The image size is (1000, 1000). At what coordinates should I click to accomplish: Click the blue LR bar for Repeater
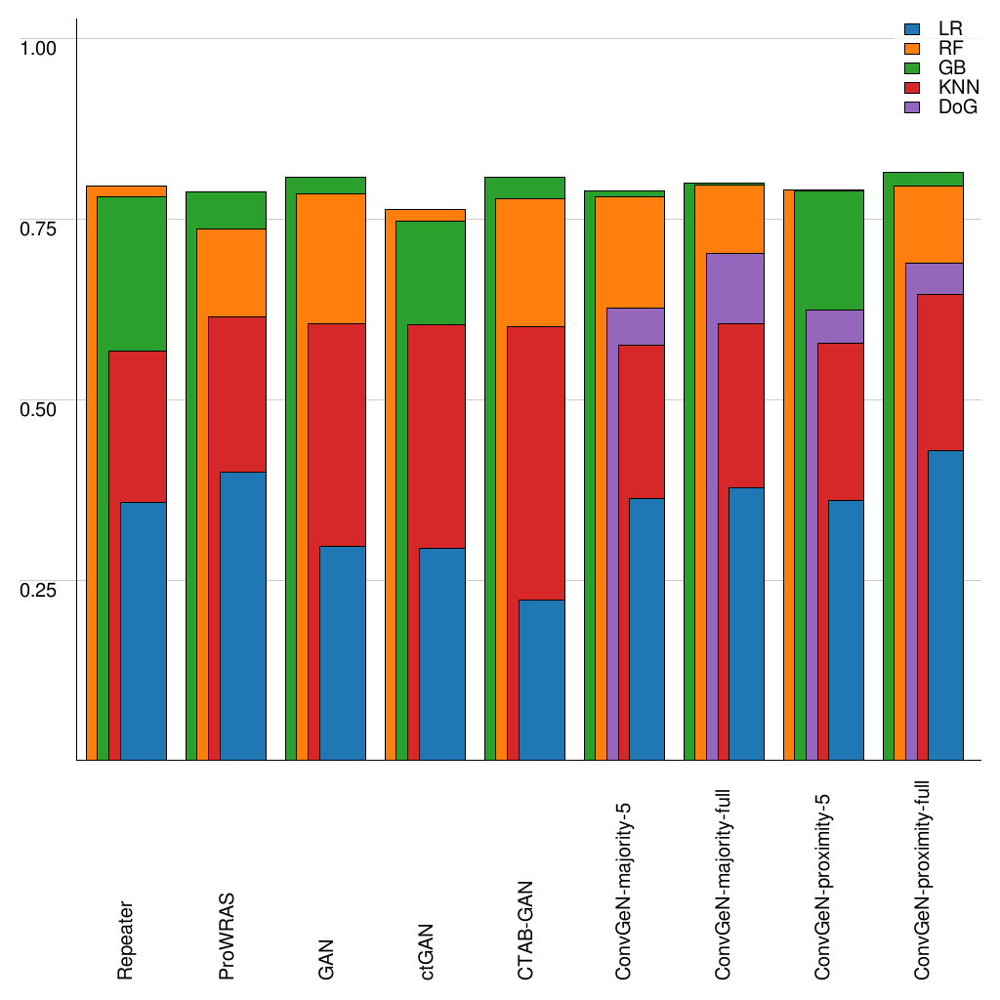click(143, 631)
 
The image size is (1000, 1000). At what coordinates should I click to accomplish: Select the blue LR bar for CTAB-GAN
click(541, 680)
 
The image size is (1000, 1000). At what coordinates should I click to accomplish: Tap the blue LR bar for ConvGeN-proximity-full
click(945, 604)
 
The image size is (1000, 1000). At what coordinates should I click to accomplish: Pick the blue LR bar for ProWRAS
click(242, 615)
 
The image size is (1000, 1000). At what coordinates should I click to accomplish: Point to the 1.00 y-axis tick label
click(40, 46)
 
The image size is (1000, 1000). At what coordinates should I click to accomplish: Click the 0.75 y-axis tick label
click(40, 227)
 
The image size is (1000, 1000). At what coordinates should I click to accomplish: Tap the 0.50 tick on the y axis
click(40, 407)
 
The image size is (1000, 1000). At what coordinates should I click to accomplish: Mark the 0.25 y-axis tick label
click(40, 588)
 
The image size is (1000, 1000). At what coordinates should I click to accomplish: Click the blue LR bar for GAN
click(342, 652)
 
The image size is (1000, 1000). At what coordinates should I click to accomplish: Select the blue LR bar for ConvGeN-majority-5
click(646, 629)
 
